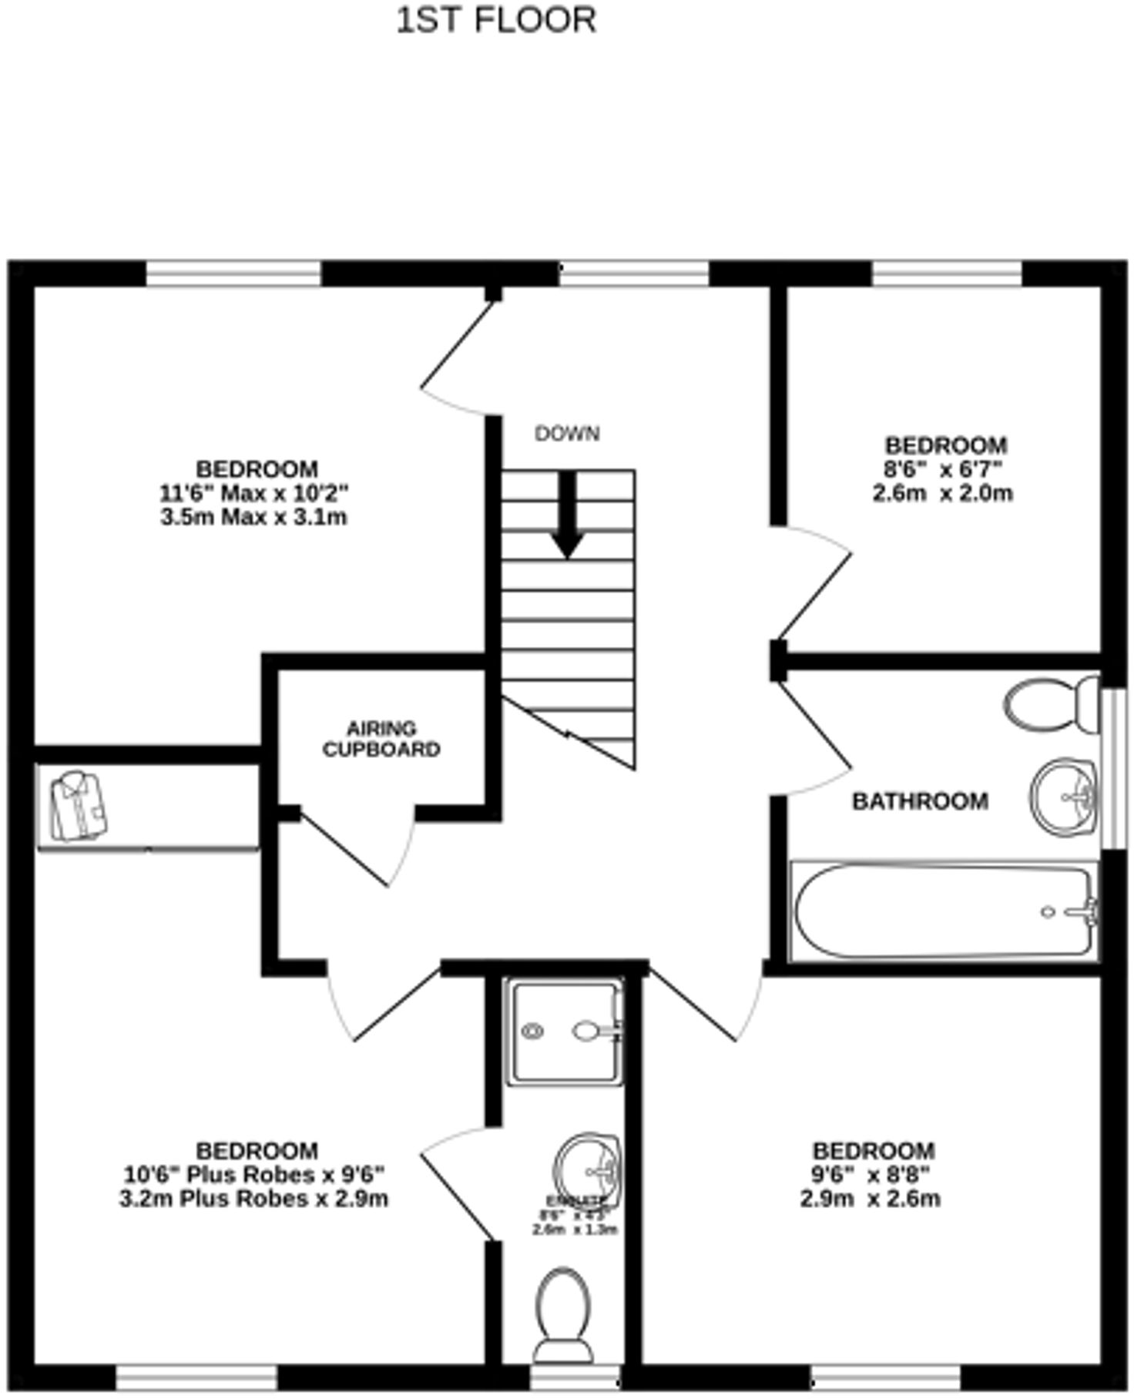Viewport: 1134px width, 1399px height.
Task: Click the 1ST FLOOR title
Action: (496, 20)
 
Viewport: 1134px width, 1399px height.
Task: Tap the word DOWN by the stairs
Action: (567, 434)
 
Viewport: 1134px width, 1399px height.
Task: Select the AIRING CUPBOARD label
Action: (381, 739)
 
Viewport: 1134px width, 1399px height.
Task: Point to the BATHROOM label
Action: (920, 801)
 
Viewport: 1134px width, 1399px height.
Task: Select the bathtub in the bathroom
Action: (944, 912)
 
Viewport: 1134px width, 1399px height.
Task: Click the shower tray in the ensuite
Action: (565, 1032)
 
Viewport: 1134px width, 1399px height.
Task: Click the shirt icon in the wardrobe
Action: (78, 807)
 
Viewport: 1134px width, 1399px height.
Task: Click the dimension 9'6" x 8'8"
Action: (874, 1175)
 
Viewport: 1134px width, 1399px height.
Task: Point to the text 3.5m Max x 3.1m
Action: (253, 517)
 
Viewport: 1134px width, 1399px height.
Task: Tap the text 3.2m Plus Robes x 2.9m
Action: (253, 1199)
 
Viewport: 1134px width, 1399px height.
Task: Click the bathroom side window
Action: (1111, 767)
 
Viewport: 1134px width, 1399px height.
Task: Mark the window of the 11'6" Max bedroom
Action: (233, 273)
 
